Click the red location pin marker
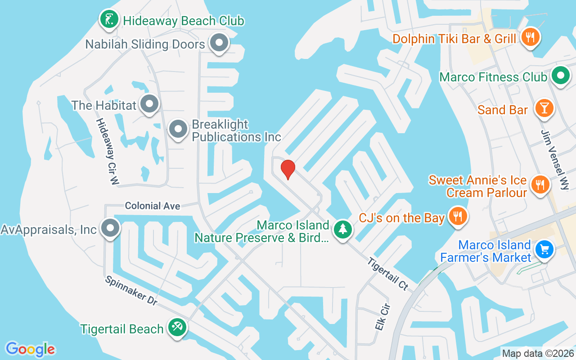[x=288, y=169]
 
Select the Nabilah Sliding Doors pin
[x=219, y=43]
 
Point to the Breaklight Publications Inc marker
[x=178, y=129]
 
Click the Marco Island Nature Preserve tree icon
[x=343, y=229]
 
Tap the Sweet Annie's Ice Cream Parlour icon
[x=538, y=184]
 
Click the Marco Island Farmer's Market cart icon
[x=544, y=248]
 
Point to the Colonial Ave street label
[x=153, y=206]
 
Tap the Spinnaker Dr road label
[x=131, y=291]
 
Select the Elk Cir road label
[x=382, y=317]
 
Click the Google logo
[x=31, y=349]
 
